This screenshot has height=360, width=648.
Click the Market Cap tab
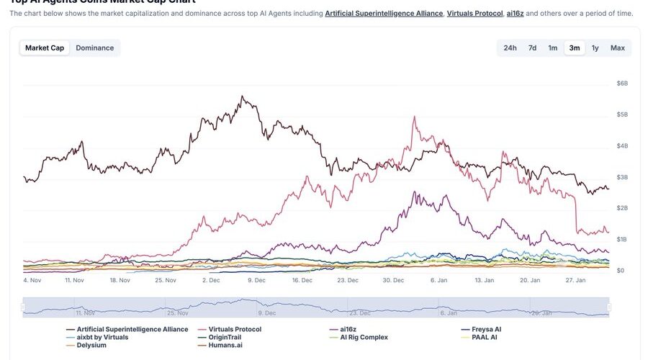point(45,48)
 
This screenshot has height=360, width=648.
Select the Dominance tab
point(95,48)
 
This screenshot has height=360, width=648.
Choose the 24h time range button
point(510,48)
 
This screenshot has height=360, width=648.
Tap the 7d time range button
point(532,48)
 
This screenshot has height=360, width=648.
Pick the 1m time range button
point(553,48)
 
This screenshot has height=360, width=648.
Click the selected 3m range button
point(575,48)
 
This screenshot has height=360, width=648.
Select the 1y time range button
point(595,48)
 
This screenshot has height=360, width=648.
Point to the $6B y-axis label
point(622,84)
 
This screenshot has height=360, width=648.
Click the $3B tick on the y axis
point(622,177)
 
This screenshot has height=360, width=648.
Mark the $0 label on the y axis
point(621,271)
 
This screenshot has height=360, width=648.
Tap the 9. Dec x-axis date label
point(257,280)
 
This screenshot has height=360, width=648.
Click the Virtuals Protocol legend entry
point(234,329)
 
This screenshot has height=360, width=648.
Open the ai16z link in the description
point(515,13)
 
